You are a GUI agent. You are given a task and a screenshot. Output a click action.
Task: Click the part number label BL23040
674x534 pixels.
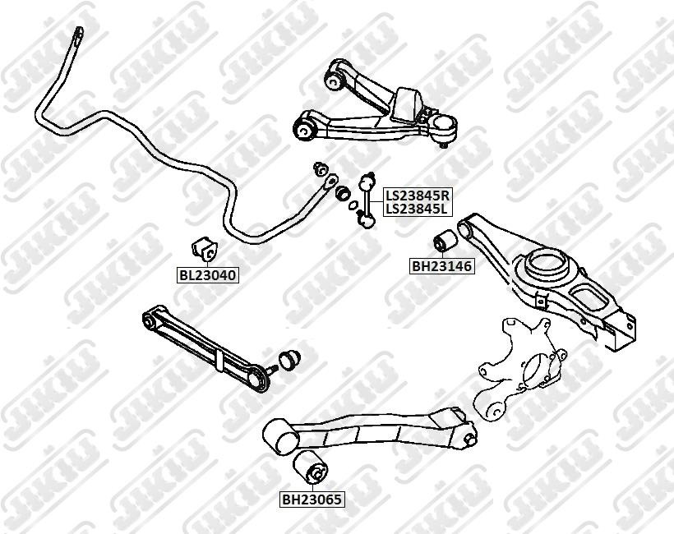(208, 275)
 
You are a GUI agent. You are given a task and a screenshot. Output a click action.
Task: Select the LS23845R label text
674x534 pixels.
(418, 196)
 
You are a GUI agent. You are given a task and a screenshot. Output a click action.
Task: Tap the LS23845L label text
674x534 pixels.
(418, 209)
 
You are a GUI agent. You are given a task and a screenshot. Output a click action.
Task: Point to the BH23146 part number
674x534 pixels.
(442, 266)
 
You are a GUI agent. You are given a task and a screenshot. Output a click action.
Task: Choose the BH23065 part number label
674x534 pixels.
(312, 499)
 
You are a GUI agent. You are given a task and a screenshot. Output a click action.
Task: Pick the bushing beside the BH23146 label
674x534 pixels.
(445, 242)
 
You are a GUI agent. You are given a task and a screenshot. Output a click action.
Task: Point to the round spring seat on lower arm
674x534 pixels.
(544, 265)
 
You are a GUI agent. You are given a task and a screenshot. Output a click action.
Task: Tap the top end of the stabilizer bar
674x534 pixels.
(77, 35)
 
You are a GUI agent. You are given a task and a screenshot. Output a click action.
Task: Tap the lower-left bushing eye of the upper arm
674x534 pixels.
(305, 127)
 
